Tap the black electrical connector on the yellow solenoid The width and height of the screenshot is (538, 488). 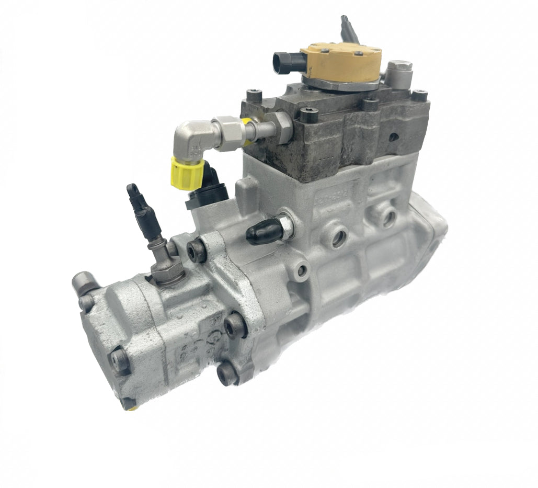point(282,62)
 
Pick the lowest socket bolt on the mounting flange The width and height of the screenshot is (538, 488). point(227,373)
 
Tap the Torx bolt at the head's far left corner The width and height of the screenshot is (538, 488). point(255,97)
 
